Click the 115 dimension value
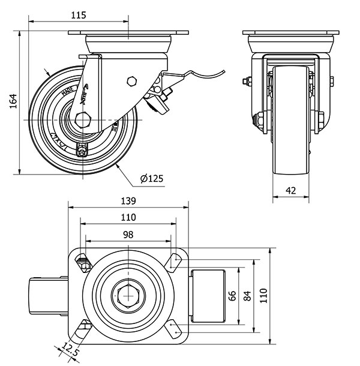point(78,15)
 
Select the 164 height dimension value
point(13,103)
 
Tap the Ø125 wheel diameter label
point(152,178)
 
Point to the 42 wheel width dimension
point(291,190)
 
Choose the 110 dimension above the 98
point(128,217)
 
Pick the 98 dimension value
point(128,235)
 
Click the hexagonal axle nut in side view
point(82,120)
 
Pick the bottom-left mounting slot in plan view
point(82,328)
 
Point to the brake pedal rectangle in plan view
point(208,295)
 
